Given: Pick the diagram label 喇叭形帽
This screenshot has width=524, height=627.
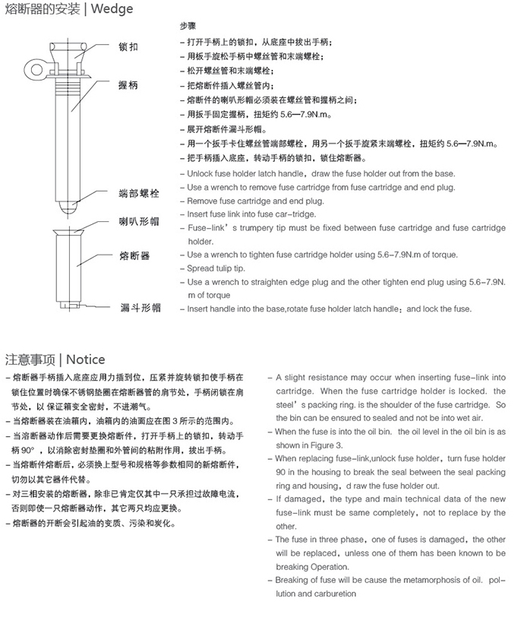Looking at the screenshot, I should [x=139, y=223].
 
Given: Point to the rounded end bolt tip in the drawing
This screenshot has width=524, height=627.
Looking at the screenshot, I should [x=70, y=203].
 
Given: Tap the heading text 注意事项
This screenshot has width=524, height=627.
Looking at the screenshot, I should [x=31, y=359].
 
